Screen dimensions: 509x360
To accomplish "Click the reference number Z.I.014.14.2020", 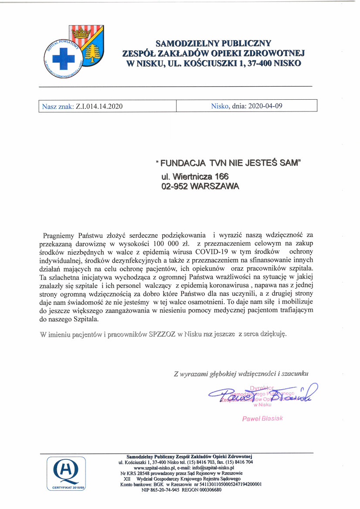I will click(x=99, y=106).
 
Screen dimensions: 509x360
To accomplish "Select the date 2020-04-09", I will click(x=266, y=106).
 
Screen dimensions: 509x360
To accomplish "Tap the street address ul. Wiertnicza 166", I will click(x=194, y=176).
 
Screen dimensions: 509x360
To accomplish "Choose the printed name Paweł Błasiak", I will click(x=262, y=418).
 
